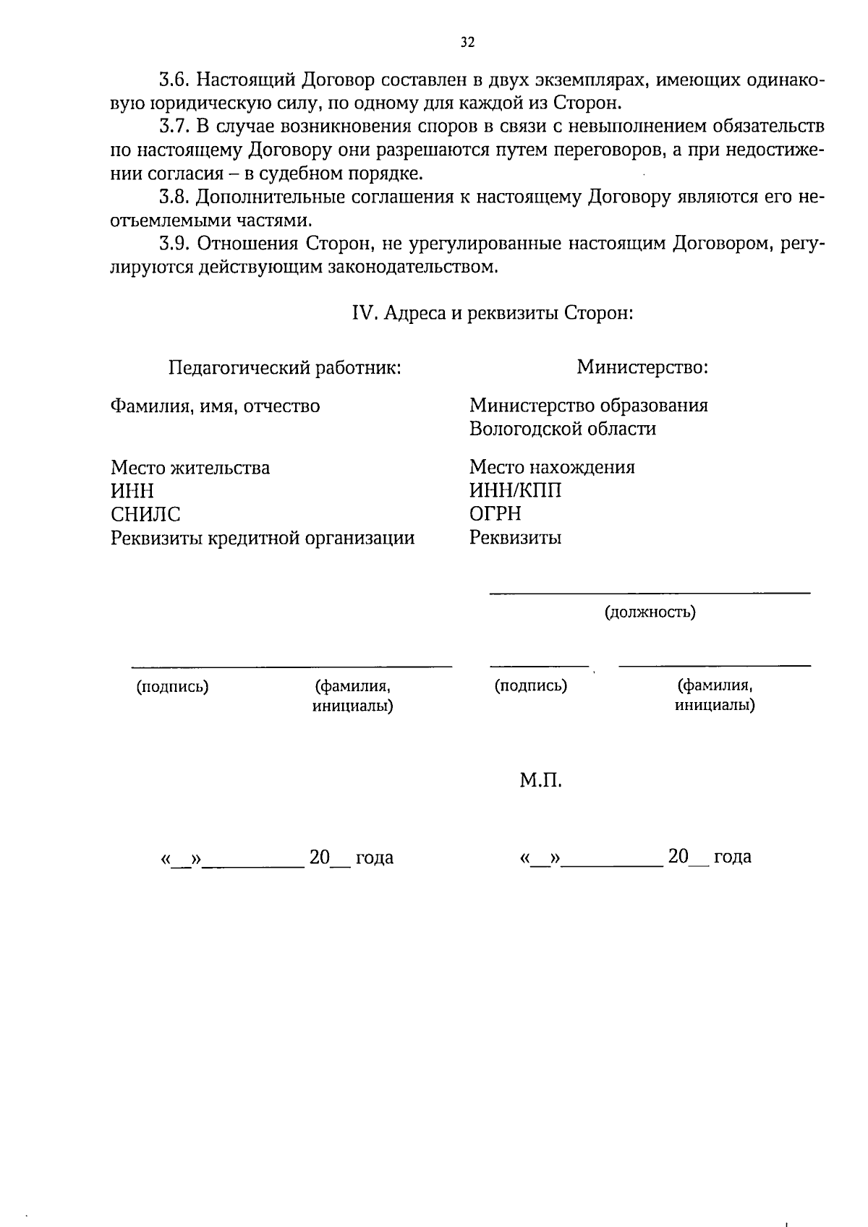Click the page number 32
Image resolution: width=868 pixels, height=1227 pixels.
467,43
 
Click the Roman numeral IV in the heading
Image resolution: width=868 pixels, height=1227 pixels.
362,313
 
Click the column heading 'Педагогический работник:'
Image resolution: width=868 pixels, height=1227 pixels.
284,368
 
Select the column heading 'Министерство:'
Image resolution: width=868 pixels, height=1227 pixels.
642,367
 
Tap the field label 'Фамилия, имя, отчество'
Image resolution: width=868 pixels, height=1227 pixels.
215,406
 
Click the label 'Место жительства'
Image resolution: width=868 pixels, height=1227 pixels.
190,468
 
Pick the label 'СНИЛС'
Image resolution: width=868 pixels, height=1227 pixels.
145,514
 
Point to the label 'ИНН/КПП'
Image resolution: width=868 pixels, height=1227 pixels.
515,491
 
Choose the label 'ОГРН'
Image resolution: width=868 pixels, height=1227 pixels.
495,514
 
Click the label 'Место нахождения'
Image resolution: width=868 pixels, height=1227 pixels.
552,467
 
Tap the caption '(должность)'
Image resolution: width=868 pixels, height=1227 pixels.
650,613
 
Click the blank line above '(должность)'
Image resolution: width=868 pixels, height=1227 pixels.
650,593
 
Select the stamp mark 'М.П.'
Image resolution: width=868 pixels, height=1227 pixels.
540,782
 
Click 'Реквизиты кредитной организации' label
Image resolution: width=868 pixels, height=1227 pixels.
263,538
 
